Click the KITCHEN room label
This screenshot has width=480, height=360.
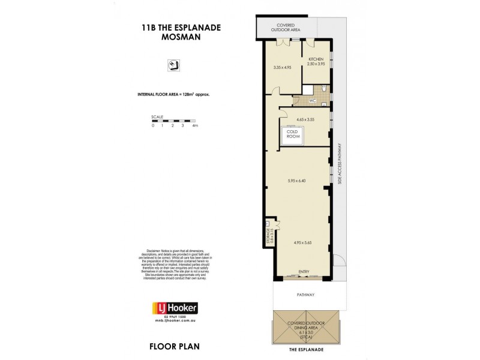tap(316, 59)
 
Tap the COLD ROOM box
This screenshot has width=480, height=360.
tap(292, 134)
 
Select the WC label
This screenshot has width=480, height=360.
tap(312, 100)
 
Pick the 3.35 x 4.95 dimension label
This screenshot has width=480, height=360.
tap(282, 67)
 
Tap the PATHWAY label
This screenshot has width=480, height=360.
tap(306, 295)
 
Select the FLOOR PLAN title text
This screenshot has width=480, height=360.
tap(175, 346)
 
